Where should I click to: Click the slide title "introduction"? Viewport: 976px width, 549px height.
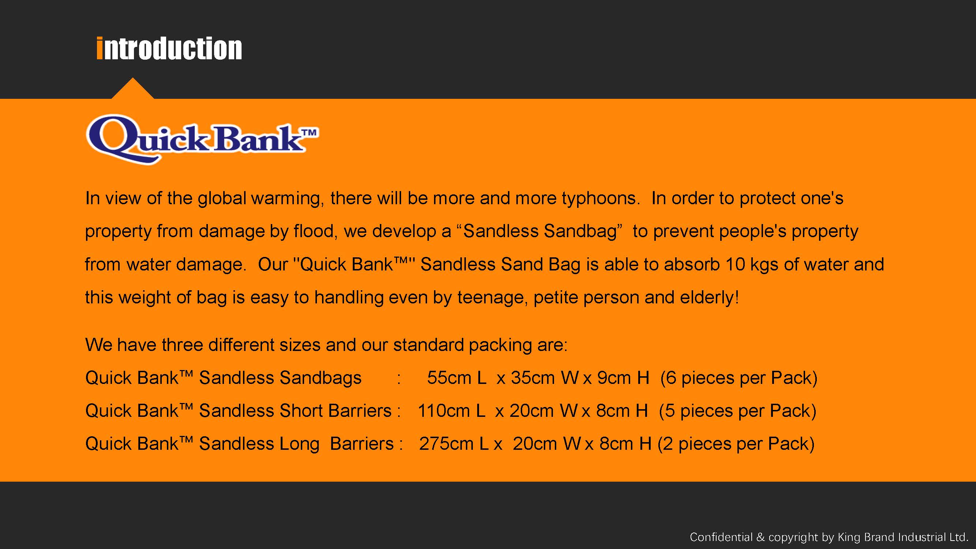169,49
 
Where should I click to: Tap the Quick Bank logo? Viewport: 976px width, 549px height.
202,139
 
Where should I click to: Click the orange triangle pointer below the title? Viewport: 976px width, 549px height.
132,89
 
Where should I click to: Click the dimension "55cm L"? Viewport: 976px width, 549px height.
457,378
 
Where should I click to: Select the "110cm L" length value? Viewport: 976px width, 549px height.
451,411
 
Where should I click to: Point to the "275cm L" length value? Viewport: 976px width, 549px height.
453,444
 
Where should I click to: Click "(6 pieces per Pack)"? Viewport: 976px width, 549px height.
739,378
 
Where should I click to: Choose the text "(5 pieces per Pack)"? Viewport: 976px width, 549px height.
738,411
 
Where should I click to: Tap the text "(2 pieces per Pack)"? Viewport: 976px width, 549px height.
736,444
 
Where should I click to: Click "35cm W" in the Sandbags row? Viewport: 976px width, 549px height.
545,378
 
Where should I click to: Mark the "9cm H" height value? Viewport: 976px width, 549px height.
623,378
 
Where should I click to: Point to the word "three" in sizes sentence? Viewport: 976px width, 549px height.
182,345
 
